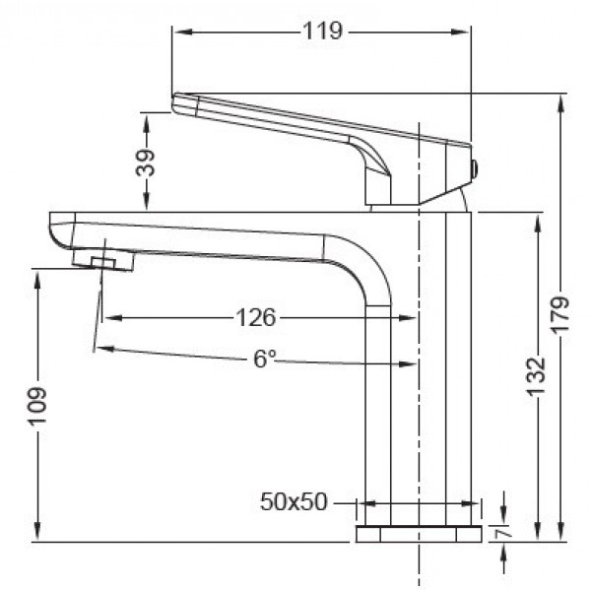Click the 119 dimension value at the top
click(x=322, y=32)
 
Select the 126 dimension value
click(x=255, y=317)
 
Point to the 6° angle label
click(x=264, y=360)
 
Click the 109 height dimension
click(x=37, y=406)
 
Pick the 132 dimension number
click(x=536, y=375)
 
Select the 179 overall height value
click(x=561, y=318)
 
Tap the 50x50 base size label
click(x=294, y=501)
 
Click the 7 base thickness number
click(x=503, y=533)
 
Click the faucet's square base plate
click(x=418, y=534)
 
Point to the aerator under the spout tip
click(x=102, y=261)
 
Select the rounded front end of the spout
click(x=58, y=232)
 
